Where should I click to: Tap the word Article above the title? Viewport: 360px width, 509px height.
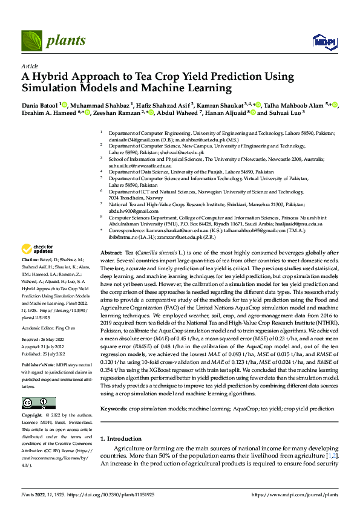(29, 65)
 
